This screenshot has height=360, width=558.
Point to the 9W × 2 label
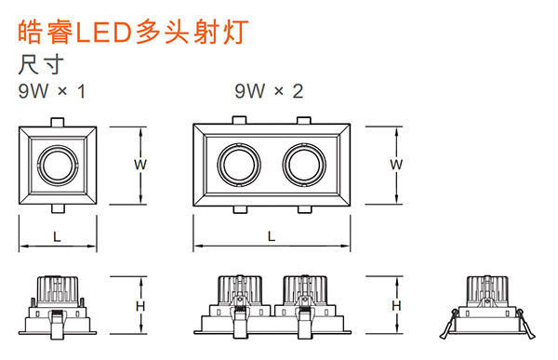[x=270, y=91]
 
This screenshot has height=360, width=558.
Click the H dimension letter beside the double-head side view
[x=396, y=306]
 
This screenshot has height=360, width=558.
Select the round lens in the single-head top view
[x=58, y=165]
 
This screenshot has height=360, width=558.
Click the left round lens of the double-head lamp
[x=240, y=165]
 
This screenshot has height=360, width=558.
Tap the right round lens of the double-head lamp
[x=303, y=165]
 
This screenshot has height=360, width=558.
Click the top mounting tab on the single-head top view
[x=58, y=122]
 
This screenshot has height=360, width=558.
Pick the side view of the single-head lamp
[x=58, y=305]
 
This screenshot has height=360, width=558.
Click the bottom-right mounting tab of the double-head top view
[x=303, y=210]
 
